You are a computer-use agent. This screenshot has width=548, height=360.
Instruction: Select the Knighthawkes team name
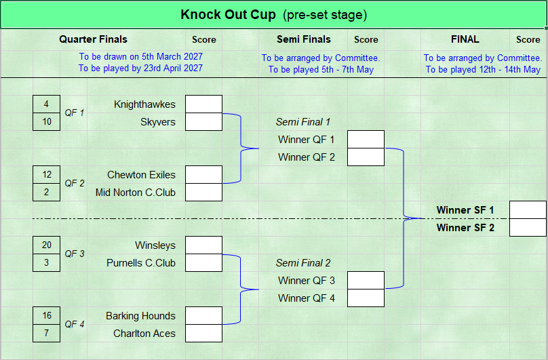[144, 104]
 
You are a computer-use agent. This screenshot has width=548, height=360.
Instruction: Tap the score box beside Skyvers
[203, 122]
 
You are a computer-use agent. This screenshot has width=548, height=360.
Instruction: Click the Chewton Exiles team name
[141, 175]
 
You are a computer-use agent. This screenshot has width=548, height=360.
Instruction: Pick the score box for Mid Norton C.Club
[203, 193]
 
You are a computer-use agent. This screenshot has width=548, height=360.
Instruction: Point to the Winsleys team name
[155, 245]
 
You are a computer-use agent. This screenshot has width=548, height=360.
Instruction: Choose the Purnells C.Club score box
[203, 263]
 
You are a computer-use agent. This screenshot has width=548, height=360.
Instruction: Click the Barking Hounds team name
[140, 316]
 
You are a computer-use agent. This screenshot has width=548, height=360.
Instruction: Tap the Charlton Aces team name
[144, 334]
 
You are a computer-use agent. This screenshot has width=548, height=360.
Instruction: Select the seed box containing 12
[47, 175]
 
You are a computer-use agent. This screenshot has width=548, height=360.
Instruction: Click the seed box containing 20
[47, 245]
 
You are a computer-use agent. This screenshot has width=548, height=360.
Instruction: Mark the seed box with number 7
[47, 334]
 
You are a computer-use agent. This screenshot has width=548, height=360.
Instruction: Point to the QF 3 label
[75, 254]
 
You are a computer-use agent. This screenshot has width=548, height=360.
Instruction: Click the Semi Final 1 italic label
[303, 122]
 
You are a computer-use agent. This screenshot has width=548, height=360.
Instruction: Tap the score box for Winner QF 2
[366, 157]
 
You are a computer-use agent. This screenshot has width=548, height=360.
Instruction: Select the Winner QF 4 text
[307, 298]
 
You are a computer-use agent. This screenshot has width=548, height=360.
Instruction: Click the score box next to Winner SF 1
[528, 210]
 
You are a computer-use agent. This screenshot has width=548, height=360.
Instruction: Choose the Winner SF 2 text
[465, 228]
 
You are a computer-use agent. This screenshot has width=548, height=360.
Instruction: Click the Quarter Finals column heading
[94, 39]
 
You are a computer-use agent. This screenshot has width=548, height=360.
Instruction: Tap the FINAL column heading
[465, 39]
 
